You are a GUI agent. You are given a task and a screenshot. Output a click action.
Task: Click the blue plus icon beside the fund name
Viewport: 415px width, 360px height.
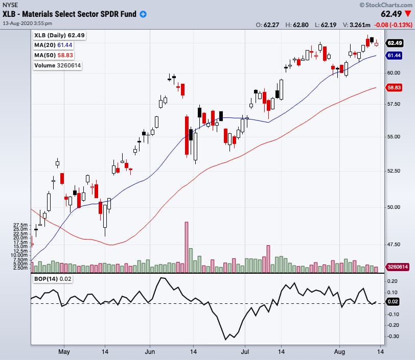coord(143,14)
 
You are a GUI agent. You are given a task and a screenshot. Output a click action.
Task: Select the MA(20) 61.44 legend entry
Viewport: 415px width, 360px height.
coord(53,45)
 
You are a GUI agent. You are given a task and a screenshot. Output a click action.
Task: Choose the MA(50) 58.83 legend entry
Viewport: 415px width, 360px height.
coord(53,55)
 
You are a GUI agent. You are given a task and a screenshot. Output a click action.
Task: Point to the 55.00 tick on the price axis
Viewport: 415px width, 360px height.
coord(394,137)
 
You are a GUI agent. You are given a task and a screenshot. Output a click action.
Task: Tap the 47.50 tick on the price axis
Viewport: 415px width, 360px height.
coord(394,245)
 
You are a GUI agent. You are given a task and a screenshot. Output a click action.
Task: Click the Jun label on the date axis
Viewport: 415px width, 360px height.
coord(150,351)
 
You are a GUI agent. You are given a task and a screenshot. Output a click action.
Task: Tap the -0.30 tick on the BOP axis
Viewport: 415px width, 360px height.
coord(393,337)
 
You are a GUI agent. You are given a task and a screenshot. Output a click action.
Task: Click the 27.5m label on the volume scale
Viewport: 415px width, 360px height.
coord(20,225)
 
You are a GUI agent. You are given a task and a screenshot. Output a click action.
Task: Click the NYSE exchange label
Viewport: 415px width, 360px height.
coord(11,5)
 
